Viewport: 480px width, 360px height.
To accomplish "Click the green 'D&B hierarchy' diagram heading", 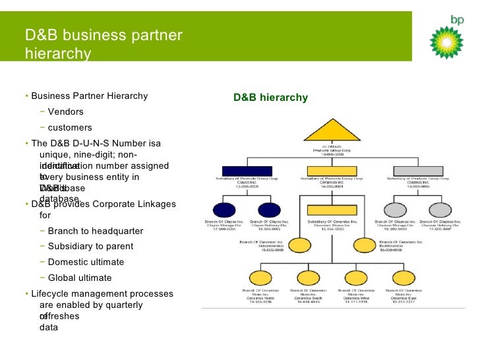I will tap(270, 98).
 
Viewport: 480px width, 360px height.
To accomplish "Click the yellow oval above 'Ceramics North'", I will tap(255, 279).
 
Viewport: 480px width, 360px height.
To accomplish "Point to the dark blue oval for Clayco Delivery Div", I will tap(269, 210).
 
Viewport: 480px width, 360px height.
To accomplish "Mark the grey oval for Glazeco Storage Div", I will tap(394, 210).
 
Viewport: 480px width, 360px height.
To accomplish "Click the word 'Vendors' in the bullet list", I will tap(65, 111).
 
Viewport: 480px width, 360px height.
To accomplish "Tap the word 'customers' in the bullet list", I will tap(70, 127).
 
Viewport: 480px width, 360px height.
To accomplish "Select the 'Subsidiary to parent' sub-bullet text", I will tap(90, 246).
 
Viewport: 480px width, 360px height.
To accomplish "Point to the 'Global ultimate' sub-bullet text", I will tap(80, 278).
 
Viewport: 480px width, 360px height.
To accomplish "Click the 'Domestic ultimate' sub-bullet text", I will tap(86, 262).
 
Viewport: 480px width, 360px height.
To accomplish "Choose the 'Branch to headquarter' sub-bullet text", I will tap(96, 231).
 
